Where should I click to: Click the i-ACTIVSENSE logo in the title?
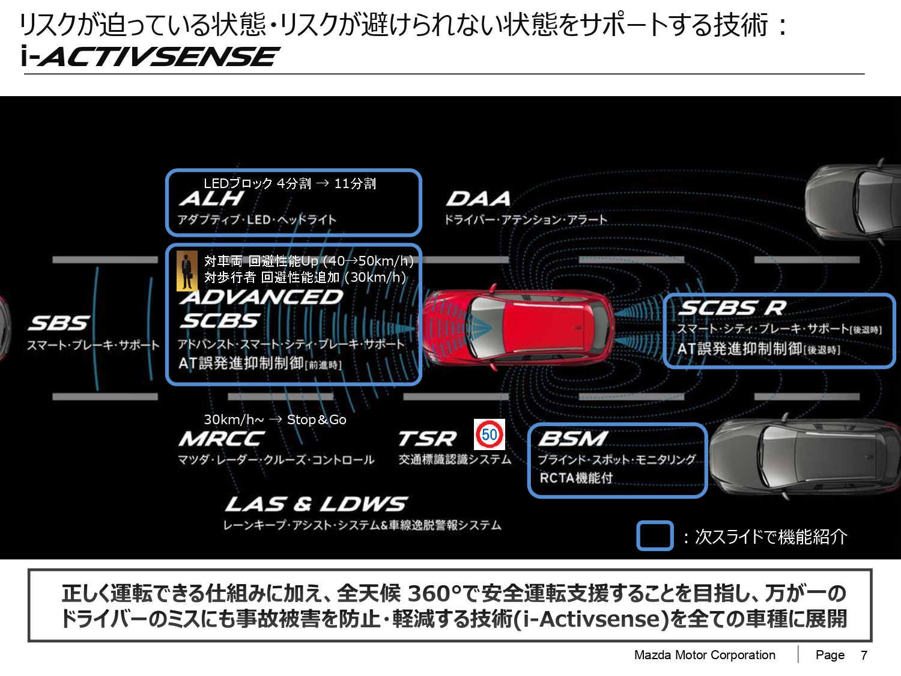click(149, 56)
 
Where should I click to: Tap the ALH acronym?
click(211, 198)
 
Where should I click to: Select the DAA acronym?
click(478, 198)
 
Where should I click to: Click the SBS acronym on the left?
click(59, 323)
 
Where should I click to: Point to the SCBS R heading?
click(732, 308)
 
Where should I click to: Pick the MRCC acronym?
click(221, 439)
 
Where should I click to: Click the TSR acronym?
click(427, 439)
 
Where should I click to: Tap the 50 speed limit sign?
click(490, 434)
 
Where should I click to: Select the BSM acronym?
click(573, 439)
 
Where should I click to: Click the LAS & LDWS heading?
click(316, 504)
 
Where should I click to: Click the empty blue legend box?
click(655, 536)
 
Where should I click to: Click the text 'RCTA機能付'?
click(576, 478)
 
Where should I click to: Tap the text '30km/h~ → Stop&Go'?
click(275, 419)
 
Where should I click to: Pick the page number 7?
click(864, 655)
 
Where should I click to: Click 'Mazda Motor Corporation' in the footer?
click(705, 655)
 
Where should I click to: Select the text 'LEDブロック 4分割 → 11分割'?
click(290, 183)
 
